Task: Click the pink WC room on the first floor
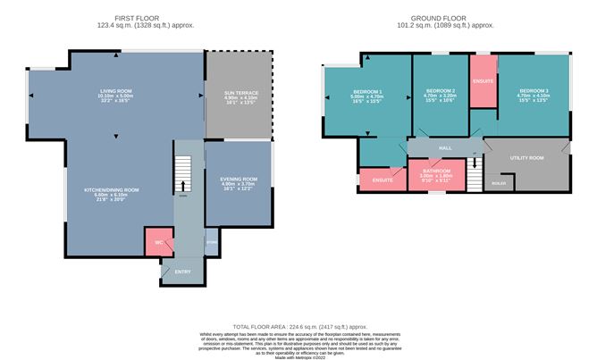[x=158, y=240]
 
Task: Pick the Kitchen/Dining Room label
[x=112, y=189]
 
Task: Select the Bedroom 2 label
[x=441, y=91]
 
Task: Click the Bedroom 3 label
[x=531, y=90]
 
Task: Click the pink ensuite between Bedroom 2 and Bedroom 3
[x=483, y=80]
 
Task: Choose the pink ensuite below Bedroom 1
[x=383, y=179]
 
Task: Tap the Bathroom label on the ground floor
[x=436, y=171]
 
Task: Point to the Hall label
[x=443, y=147]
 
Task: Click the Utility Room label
[x=526, y=157]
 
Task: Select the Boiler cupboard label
[x=497, y=183]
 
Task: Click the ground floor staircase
[x=473, y=171]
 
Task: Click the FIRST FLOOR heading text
[x=137, y=17]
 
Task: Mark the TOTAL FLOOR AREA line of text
[x=298, y=328]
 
